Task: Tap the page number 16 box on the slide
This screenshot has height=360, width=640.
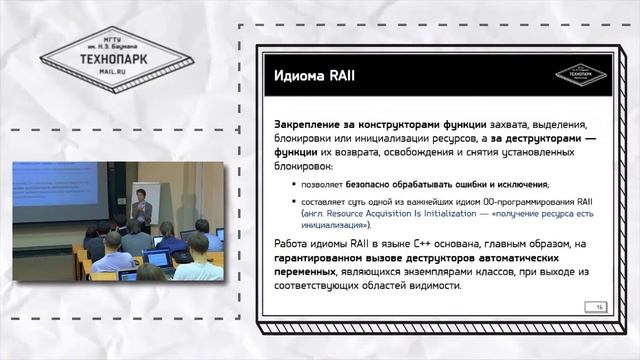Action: [x=600, y=306]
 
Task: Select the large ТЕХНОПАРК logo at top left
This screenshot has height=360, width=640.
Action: [x=91, y=58]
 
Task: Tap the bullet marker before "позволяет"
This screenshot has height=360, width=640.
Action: [x=294, y=185]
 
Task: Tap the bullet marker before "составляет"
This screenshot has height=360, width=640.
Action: [x=294, y=201]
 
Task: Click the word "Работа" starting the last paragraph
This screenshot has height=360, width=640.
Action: [x=292, y=245]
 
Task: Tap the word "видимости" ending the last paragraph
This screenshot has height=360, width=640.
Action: [x=431, y=285]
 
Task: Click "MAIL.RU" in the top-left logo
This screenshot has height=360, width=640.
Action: [x=91, y=73]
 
